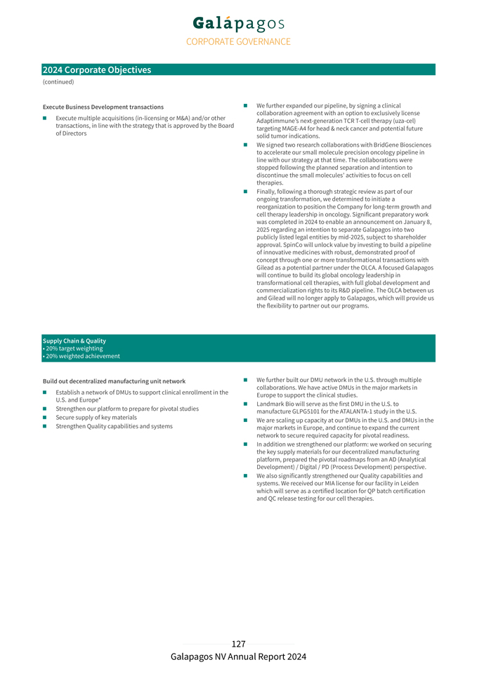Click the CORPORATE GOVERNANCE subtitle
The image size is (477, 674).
[x=238, y=41]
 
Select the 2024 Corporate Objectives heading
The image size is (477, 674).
[x=97, y=70]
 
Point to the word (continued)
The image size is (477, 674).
[x=58, y=82]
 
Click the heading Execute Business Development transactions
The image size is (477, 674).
[x=103, y=107]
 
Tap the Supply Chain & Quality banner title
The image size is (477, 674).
[x=74, y=341]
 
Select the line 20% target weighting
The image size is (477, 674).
[x=74, y=348]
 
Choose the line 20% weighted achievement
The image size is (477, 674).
[x=82, y=356]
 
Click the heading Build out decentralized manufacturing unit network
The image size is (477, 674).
[x=115, y=381]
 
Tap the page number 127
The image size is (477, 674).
[x=238, y=644]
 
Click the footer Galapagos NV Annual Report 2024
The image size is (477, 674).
[x=238, y=656]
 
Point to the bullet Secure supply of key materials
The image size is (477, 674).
[x=96, y=417]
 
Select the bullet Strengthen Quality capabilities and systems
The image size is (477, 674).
[x=114, y=426]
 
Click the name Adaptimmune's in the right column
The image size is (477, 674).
[x=277, y=121]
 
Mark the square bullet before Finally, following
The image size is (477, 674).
[x=246, y=191]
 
